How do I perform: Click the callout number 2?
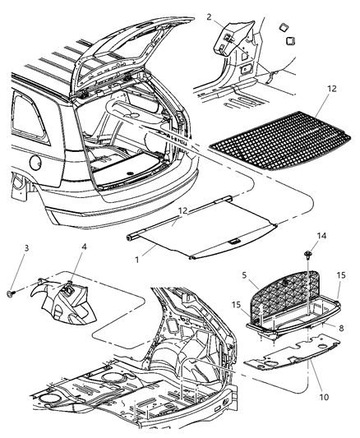pyautogui.click(x=209, y=16)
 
